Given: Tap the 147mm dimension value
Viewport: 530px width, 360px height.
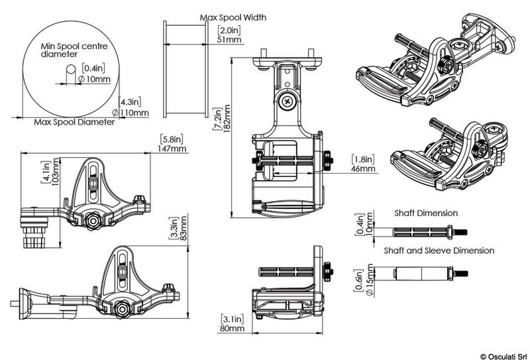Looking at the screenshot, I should (171, 150).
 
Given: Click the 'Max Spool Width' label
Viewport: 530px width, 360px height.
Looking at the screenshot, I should (233, 17).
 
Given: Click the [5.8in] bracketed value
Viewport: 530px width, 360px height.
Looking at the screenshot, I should (171, 139).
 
